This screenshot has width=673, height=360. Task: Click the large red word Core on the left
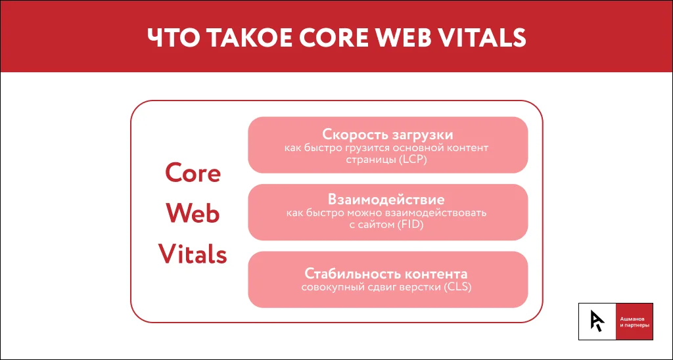pyautogui.click(x=193, y=173)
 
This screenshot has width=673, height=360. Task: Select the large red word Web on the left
pyautogui.click(x=193, y=214)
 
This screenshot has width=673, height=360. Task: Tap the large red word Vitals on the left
pyautogui.click(x=193, y=254)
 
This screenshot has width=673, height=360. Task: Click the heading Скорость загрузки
pyautogui.click(x=388, y=135)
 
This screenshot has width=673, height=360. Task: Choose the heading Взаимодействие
pyautogui.click(x=388, y=200)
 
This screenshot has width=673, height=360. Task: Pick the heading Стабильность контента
pyautogui.click(x=388, y=273)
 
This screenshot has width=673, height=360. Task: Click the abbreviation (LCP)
pyautogui.click(x=413, y=160)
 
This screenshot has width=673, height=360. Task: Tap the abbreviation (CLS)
pyautogui.click(x=457, y=287)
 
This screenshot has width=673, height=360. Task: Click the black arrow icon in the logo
pyautogui.click(x=597, y=321)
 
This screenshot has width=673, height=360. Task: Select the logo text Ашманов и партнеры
pyautogui.click(x=634, y=322)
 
